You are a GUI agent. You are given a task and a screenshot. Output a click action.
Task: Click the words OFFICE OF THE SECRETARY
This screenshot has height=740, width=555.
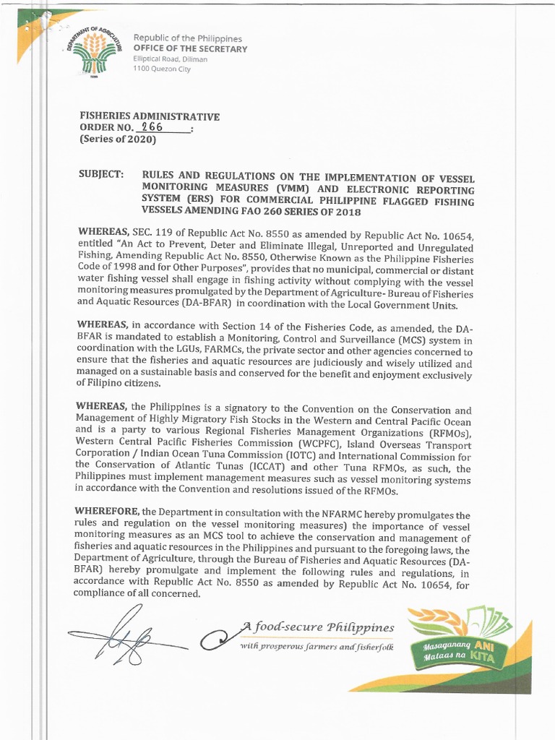(190, 48)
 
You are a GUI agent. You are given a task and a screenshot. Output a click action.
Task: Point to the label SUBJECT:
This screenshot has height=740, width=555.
(100, 176)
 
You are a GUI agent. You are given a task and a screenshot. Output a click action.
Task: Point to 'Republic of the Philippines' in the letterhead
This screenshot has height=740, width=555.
(187, 38)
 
